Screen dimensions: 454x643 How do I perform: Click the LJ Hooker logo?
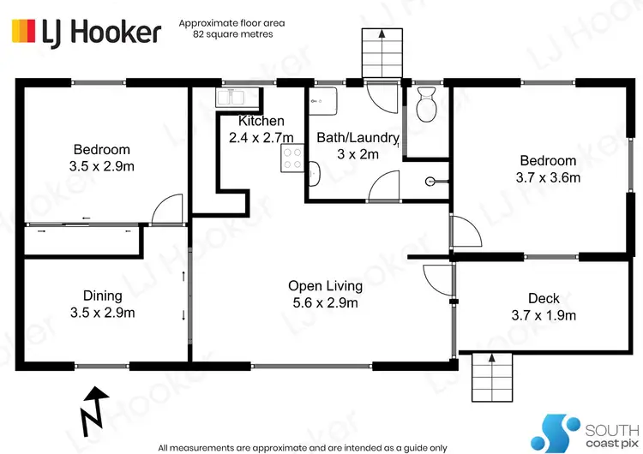click(x=85, y=32)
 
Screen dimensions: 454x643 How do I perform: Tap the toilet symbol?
click(x=424, y=106)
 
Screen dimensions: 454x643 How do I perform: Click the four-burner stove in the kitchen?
click(x=292, y=158)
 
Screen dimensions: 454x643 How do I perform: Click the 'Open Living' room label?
click(x=325, y=286)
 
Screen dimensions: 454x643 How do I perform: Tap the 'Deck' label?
click(x=544, y=298)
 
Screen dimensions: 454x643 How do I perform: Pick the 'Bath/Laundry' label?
click(x=358, y=138)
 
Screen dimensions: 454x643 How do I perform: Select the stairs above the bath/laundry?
click(x=380, y=52)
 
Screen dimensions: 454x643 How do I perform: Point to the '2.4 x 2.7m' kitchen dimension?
click(x=261, y=137)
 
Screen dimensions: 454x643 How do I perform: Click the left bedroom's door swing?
click(x=167, y=207)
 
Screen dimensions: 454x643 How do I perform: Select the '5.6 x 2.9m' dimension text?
click(x=325, y=302)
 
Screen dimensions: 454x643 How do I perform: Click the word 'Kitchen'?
click(x=261, y=121)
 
